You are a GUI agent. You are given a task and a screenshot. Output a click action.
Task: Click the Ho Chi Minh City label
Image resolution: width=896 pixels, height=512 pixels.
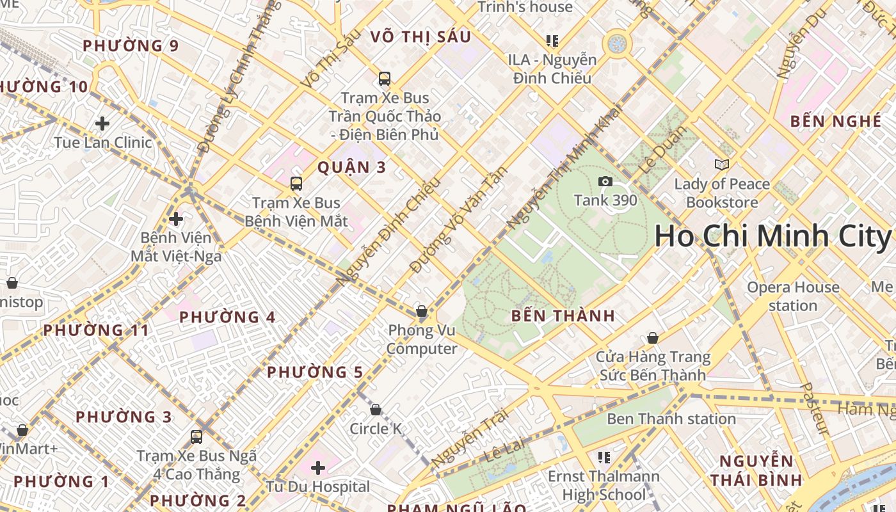tap(772, 236)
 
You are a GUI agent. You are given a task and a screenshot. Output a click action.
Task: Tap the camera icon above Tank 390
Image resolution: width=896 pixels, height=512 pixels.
tap(605, 182)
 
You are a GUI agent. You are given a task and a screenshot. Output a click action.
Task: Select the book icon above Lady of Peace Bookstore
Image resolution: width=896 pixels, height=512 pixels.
tap(722, 165)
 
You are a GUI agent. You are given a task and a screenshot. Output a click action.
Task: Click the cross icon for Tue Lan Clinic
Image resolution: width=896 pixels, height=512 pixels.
tap(102, 124)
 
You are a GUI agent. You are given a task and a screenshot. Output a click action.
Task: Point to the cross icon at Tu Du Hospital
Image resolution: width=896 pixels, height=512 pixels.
tap(317, 468)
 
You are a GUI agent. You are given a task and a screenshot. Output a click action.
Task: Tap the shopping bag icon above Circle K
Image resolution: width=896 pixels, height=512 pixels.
tap(376, 410)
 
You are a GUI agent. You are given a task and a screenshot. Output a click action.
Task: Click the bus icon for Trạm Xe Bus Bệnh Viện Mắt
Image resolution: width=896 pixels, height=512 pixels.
tap(296, 184)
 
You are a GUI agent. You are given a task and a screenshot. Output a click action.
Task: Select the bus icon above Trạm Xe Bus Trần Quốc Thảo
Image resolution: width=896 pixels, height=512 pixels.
tap(384, 79)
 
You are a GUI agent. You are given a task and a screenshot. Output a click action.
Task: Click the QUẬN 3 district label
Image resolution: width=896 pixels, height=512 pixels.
tap(352, 168)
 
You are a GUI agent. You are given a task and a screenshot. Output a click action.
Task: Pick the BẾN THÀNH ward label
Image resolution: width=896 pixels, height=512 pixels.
tap(563, 316)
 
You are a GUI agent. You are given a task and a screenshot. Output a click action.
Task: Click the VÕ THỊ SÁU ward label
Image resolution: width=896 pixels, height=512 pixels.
tap(420, 37)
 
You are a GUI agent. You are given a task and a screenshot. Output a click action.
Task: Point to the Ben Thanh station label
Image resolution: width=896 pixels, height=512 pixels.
tap(671, 419)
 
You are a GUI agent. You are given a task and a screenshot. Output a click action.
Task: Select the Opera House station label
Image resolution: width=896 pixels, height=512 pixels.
tap(792, 296)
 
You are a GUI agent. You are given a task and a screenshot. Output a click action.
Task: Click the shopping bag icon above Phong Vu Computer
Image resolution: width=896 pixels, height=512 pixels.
tap(421, 312)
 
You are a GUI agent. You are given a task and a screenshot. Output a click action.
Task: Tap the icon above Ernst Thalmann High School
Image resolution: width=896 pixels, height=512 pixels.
tap(604, 457)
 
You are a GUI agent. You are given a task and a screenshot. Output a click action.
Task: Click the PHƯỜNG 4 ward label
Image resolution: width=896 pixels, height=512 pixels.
tap(227, 317)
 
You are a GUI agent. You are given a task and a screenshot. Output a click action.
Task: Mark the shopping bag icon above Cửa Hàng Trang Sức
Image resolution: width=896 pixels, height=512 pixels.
tap(652, 338)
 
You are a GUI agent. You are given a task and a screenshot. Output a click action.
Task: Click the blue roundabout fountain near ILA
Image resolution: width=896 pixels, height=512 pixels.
tap(617, 44)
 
